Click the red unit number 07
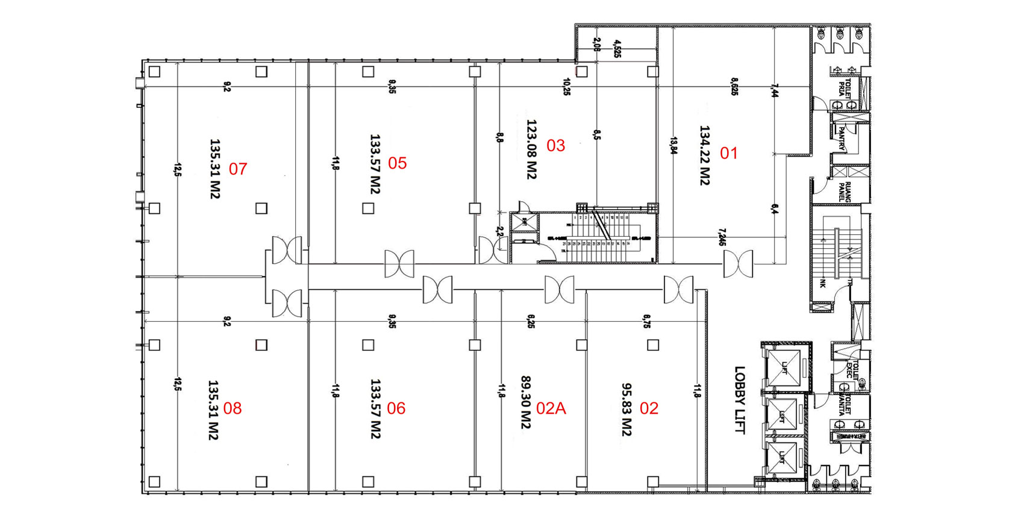pyautogui.click(x=238, y=169)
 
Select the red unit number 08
pyautogui.click(x=233, y=408)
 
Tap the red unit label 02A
pyautogui.click(x=551, y=408)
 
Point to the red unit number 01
pyautogui.click(x=729, y=153)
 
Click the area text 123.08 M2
pyautogui.click(x=531, y=149)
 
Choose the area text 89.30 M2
pyautogui.click(x=526, y=402)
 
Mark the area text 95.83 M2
pyautogui.click(x=627, y=410)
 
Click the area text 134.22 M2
pyautogui.click(x=705, y=155)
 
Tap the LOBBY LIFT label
pyautogui.click(x=740, y=400)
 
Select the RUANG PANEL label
pyautogui.click(x=845, y=192)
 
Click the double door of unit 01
pyautogui.click(x=738, y=264)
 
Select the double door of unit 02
pyautogui.click(x=678, y=290)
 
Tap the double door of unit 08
pyautogui.click(x=287, y=303)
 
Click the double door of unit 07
pyautogui.click(x=287, y=250)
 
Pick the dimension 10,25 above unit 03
pyautogui.click(x=566, y=87)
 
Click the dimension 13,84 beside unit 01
pyautogui.click(x=673, y=146)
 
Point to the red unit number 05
pyautogui.click(x=398, y=163)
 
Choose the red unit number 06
pyautogui.click(x=396, y=408)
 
